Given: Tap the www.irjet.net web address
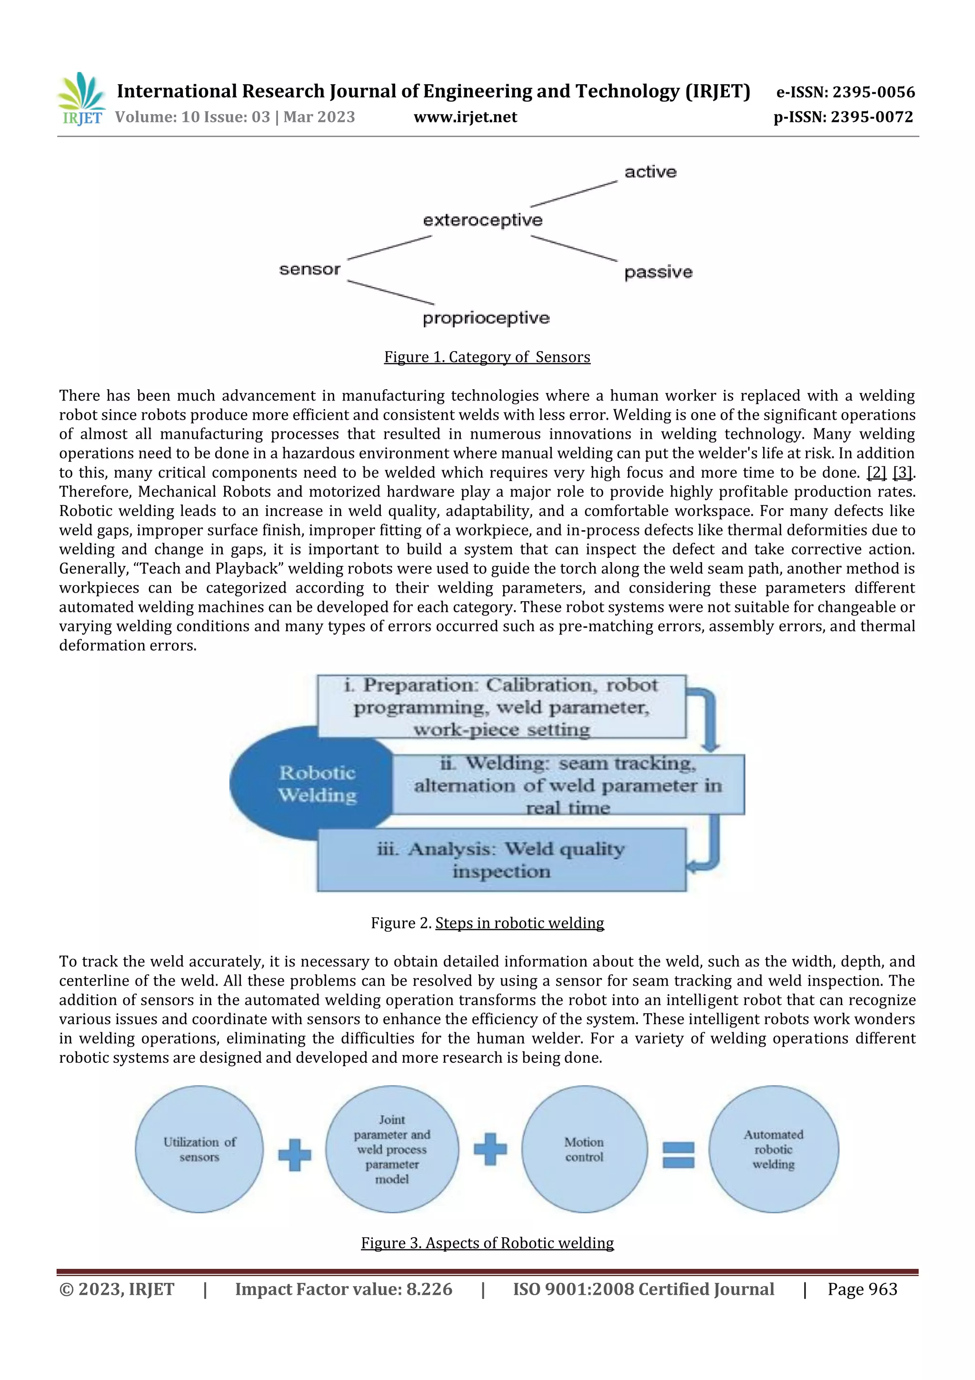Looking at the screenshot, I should [x=465, y=117].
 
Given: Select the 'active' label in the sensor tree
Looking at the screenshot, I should [x=650, y=172].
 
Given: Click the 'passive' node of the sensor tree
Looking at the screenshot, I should [x=658, y=272].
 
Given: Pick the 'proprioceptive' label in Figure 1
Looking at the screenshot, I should [x=486, y=318].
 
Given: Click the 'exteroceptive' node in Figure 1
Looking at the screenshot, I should [x=482, y=220].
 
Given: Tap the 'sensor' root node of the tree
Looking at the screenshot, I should [x=309, y=269].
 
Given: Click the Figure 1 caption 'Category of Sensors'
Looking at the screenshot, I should [x=487, y=357].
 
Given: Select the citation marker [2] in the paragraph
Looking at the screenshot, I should [x=876, y=473].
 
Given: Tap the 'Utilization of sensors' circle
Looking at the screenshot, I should [x=199, y=1149].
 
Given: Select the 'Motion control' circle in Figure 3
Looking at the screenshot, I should [x=584, y=1149].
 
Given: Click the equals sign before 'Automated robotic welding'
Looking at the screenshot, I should [x=678, y=1155].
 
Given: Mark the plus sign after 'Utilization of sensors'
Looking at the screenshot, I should [x=294, y=1155].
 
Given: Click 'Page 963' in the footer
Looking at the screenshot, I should [x=862, y=1289].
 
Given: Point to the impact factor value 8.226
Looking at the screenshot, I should [x=429, y=1289].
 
